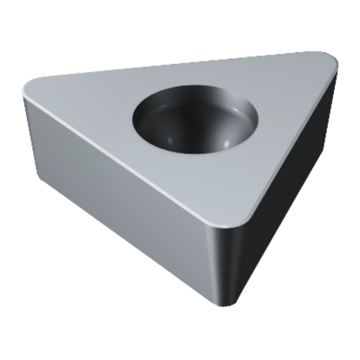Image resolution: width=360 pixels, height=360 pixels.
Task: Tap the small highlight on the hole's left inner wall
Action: tap(152, 121)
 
